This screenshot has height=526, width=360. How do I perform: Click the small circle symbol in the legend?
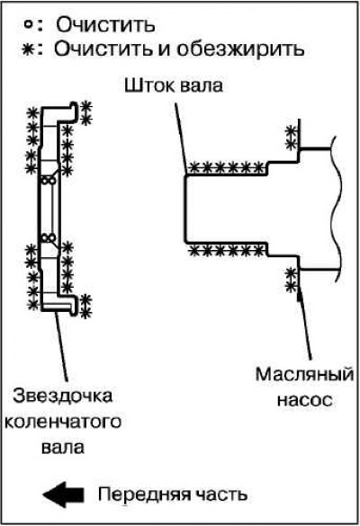pos(29,24)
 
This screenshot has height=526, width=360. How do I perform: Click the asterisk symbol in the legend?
pos(28,50)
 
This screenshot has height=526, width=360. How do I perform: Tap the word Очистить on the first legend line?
pos(105,25)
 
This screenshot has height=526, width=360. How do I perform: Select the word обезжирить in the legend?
pos(240,49)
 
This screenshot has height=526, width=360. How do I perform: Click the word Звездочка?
pos(62,396)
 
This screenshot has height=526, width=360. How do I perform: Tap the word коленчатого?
pos(63,422)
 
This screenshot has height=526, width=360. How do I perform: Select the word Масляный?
pos(304,374)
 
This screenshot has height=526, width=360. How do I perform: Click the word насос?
pos(304,400)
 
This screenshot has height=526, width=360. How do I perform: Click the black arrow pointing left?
pos(63,495)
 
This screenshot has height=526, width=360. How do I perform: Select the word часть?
pos(219,495)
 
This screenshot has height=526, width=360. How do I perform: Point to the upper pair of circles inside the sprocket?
pos(48,181)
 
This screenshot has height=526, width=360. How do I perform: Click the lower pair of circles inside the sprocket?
pos(48,238)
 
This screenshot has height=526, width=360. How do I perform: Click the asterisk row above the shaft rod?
pos(226,167)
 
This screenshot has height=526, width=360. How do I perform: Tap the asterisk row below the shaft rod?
pos(226,250)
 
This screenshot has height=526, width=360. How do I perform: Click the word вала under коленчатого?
pos(63,448)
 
